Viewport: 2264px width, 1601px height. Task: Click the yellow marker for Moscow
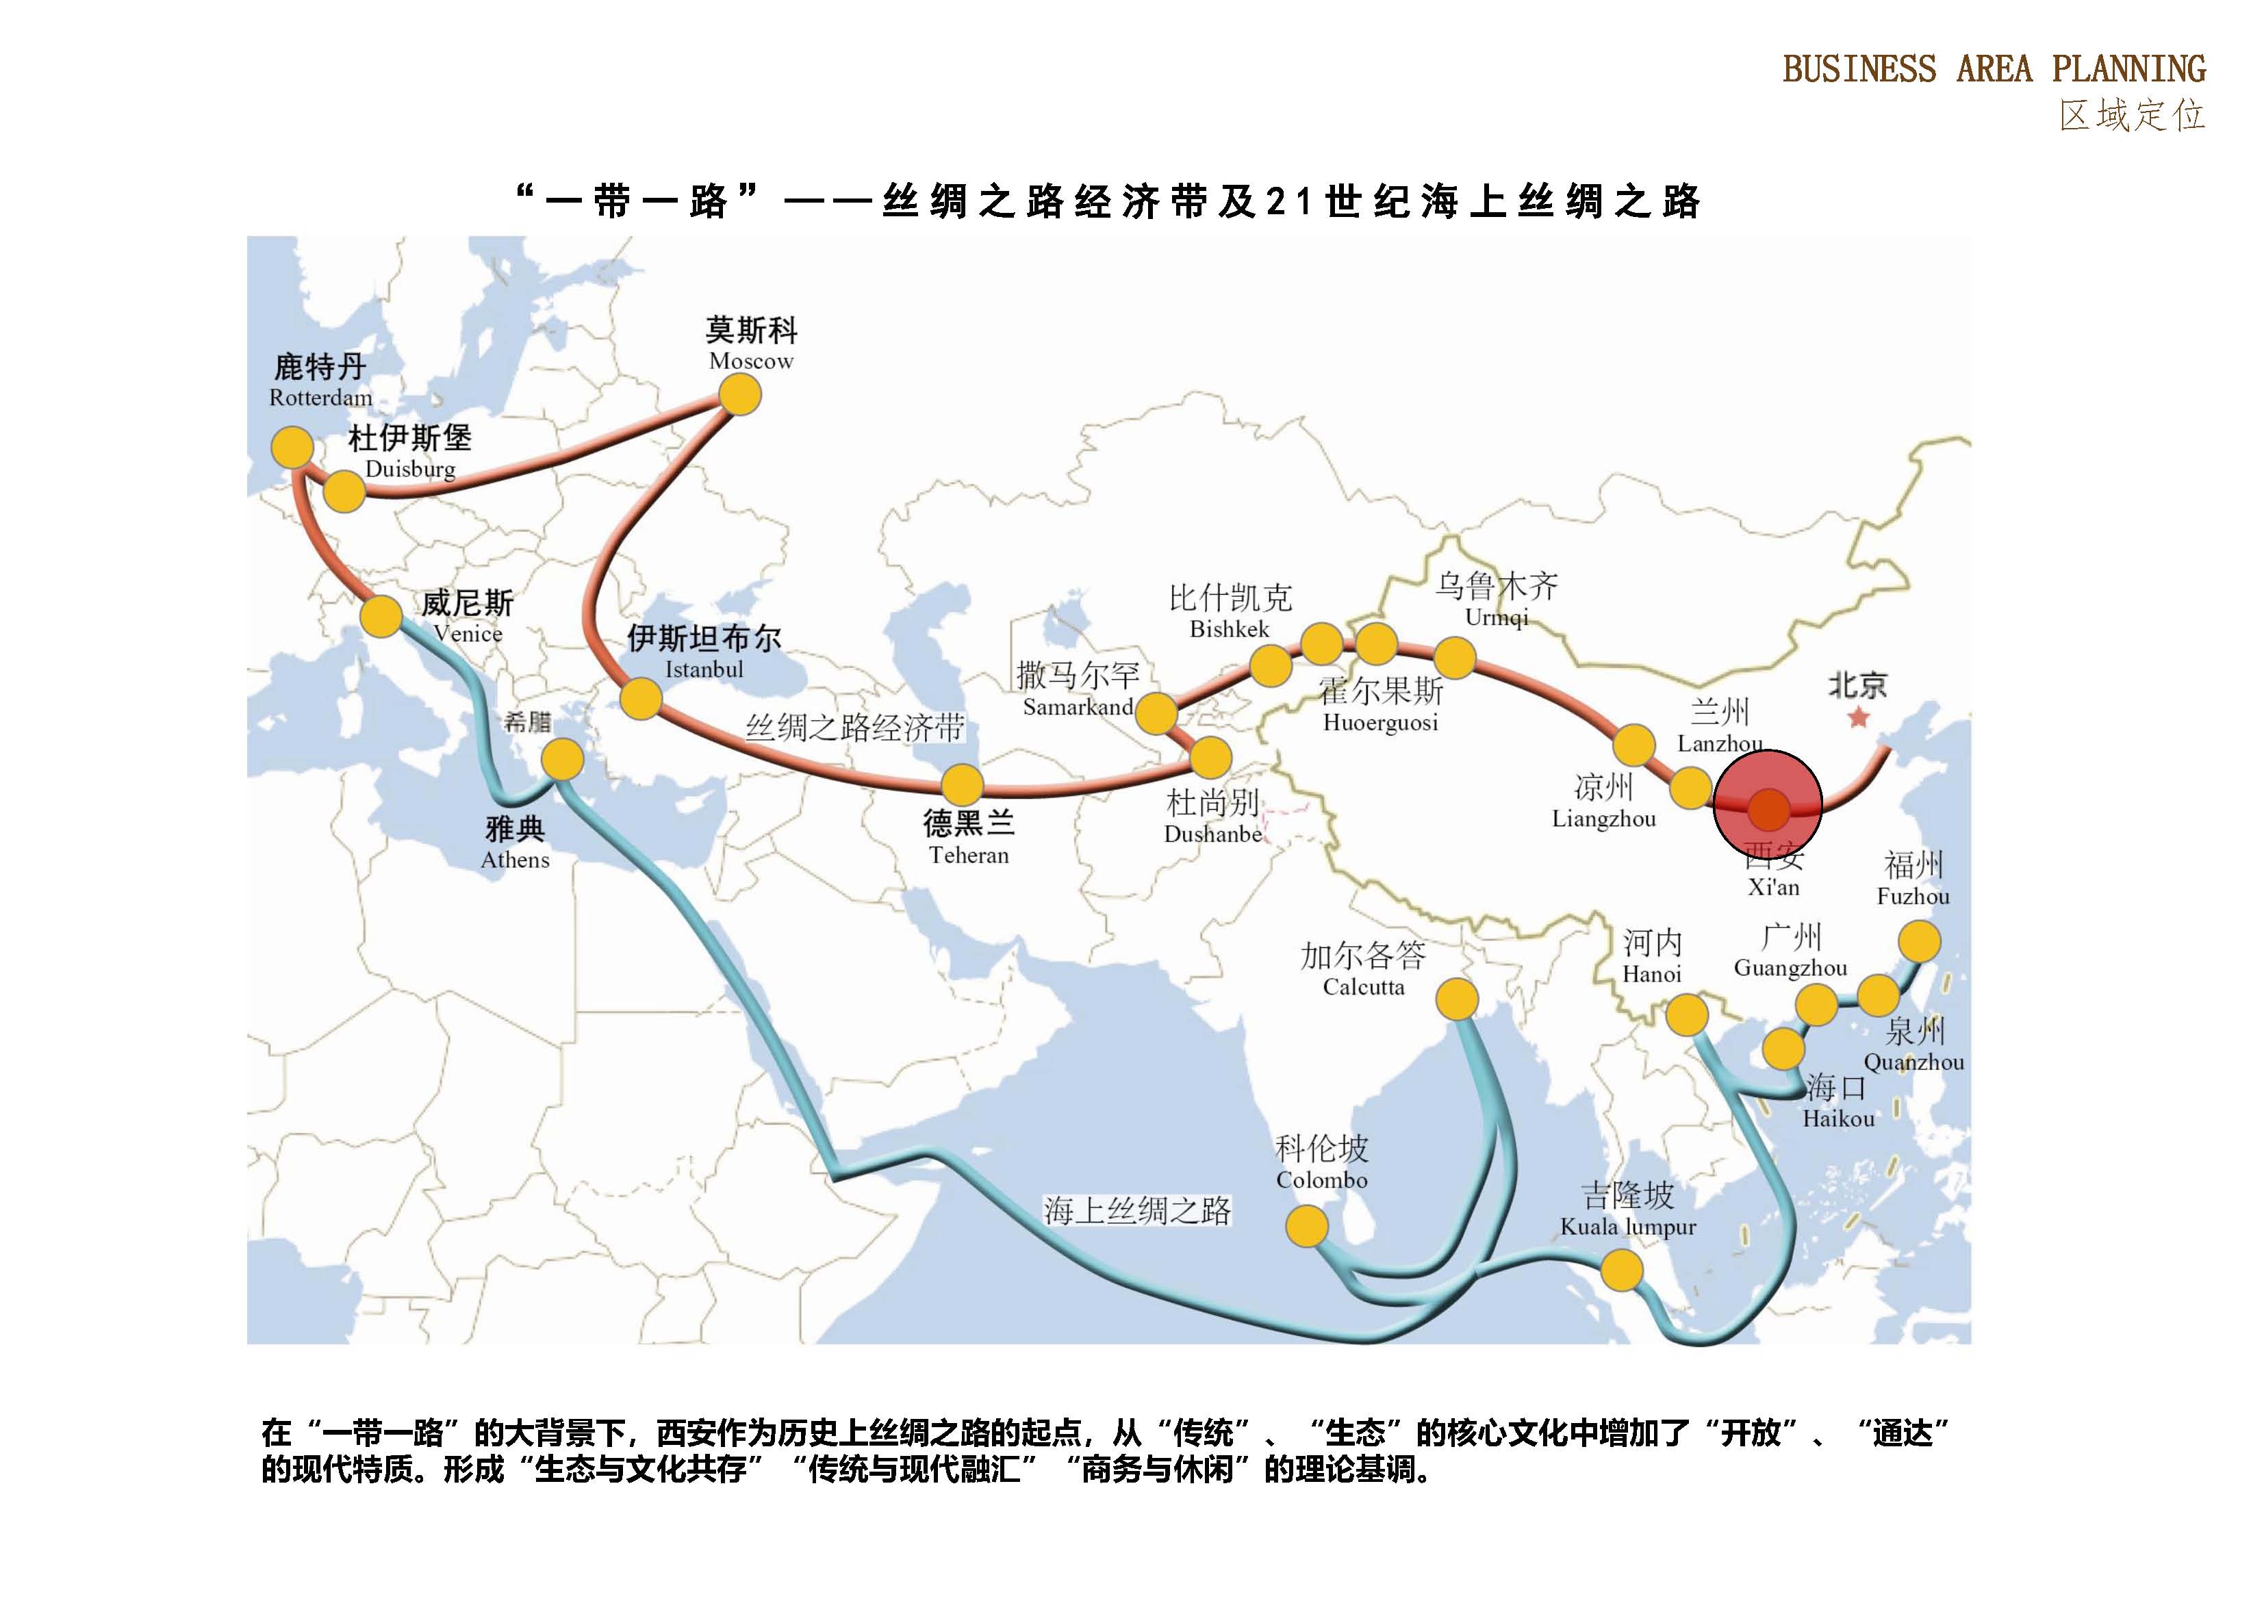[739, 396]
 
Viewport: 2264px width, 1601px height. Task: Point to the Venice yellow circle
[381, 617]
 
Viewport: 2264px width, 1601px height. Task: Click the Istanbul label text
[704, 669]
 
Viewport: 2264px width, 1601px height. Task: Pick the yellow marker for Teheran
[961, 786]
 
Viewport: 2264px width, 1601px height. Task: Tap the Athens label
[515, 860]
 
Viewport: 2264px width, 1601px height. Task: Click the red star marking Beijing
[1859, 718]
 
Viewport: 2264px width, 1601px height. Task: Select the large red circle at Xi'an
[1768, 804]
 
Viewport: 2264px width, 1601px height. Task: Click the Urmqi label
[1496, 618]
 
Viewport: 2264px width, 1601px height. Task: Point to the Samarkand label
[1078, 707]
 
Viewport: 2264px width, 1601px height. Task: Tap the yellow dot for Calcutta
[1456, 999]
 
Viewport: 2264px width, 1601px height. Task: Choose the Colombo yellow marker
[1308, 1227]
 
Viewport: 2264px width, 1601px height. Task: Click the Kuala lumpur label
[1628, 1227]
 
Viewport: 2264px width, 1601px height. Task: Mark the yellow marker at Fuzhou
[1919, 941]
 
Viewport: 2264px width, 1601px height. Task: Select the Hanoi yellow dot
[1686, 1015]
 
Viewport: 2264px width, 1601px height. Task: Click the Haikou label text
[1838, 1119]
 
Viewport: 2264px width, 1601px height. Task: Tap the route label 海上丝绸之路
[1137, 1211]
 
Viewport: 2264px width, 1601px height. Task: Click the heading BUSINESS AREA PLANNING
[1994, 69]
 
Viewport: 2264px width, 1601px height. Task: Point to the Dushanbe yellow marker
[1211, 758]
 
